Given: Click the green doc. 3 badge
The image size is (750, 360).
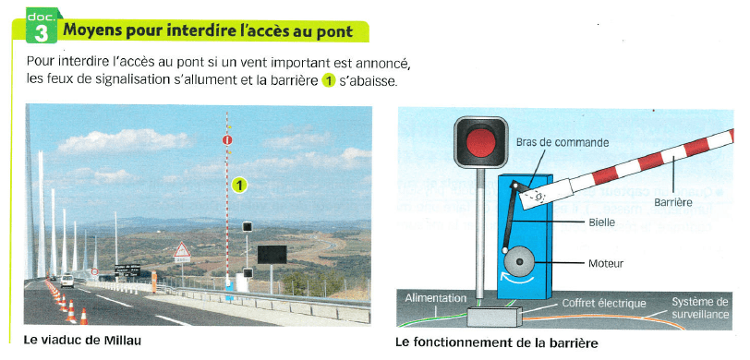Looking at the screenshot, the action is point(42,26).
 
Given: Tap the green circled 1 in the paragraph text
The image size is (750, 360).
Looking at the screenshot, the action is point(328,80).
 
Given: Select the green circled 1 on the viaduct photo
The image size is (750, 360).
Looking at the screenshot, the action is point(239,185).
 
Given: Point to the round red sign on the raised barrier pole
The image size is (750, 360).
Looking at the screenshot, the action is point(227,140).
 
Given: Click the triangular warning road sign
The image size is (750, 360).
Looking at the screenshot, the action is point(182,250).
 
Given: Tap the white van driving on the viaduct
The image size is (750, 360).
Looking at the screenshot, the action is point(67,281).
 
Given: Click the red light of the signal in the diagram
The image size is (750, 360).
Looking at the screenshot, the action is point(480,142).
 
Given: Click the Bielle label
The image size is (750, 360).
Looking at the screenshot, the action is point(600,222).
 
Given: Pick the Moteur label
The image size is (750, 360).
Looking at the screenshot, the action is point(606,263).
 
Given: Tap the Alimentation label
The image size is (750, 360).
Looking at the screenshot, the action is point(436,298).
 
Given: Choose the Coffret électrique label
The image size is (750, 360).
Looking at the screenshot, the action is point(604,303).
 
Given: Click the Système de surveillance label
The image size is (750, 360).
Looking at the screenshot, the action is point(700,308).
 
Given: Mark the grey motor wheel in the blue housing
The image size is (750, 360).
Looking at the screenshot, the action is point(519,261).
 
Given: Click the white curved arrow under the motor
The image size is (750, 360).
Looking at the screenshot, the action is point(517,279).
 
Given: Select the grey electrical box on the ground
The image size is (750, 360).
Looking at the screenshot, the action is point(493,317).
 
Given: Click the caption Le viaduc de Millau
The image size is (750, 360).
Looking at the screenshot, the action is point(82,341).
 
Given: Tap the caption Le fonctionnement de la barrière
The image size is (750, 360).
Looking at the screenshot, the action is point(497,342).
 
